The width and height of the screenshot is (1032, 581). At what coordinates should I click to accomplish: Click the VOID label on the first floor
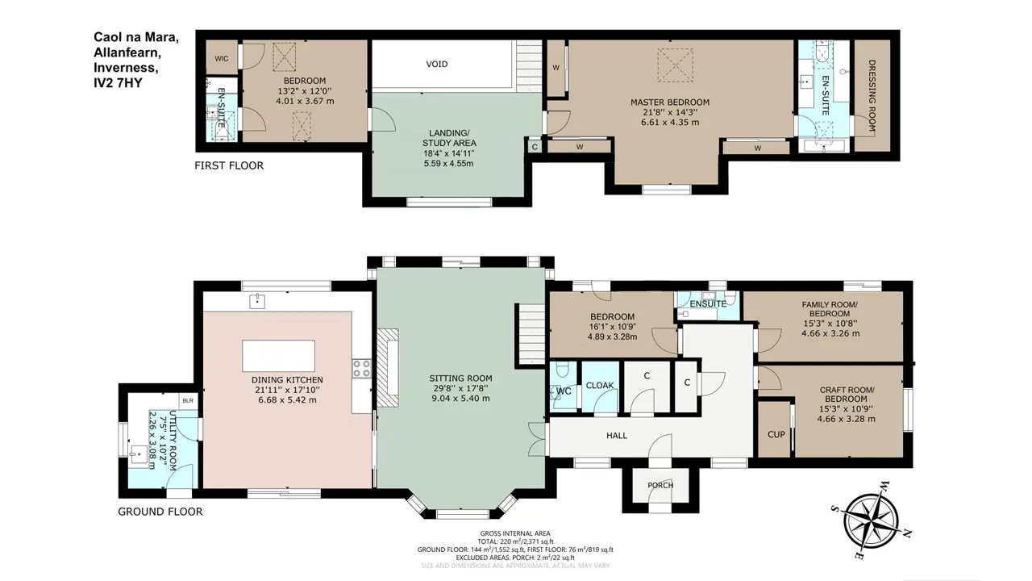pyautogui.click(x=436, y=64)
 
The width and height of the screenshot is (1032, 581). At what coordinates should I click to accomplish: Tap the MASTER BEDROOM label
pyautogui.click(x=670, y=102)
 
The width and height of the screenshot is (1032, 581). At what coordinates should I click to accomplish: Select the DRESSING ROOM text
pyautogui.click(x=872, y=95)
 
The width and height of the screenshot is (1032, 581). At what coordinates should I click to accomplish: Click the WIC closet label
pyautogui.click(x=222, y=59)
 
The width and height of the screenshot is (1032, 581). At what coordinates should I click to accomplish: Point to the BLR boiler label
pyautogui.click(x=188, y=401)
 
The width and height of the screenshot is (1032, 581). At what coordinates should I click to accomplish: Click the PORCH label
pyautogui.click(x=660, y=485)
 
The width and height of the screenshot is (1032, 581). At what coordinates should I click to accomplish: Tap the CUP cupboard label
pyautogui.click(x=776, y=434)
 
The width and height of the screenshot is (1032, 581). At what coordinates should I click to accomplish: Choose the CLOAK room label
pyautogui.click(x=600, y=385)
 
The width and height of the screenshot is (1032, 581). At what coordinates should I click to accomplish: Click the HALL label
pyautogui.click(x=617, y=435)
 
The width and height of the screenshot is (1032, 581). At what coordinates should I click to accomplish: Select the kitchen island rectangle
pyautogui.click(x=279, y=356)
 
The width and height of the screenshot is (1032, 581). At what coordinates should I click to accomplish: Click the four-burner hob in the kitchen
pyautogui.click(x=362, y=369)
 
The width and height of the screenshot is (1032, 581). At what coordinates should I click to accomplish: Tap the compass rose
pyautogui.click(x=872, y=521)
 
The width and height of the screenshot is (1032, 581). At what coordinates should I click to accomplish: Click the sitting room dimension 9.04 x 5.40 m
pyautogui.click(x=460, y=399)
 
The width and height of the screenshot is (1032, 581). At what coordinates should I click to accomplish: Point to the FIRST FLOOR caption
pyautogui.click(x=229, y=165)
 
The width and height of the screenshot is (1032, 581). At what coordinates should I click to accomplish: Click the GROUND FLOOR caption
pyautogui.click(x=160, y=512)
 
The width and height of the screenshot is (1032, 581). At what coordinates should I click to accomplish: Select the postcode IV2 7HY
pyautogui.click(x=118, y=83)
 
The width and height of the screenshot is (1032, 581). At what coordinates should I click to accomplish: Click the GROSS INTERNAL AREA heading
pyautogui.click(x=515, y=533)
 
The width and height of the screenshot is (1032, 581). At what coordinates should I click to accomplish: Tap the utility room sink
pyautogui.click(x=138, y=454)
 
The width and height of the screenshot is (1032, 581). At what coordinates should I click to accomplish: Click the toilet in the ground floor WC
pyautogui.click(x=562, y=370)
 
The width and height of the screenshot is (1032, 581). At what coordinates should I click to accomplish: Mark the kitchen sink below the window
pyautogui.click(x=257, y=301)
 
